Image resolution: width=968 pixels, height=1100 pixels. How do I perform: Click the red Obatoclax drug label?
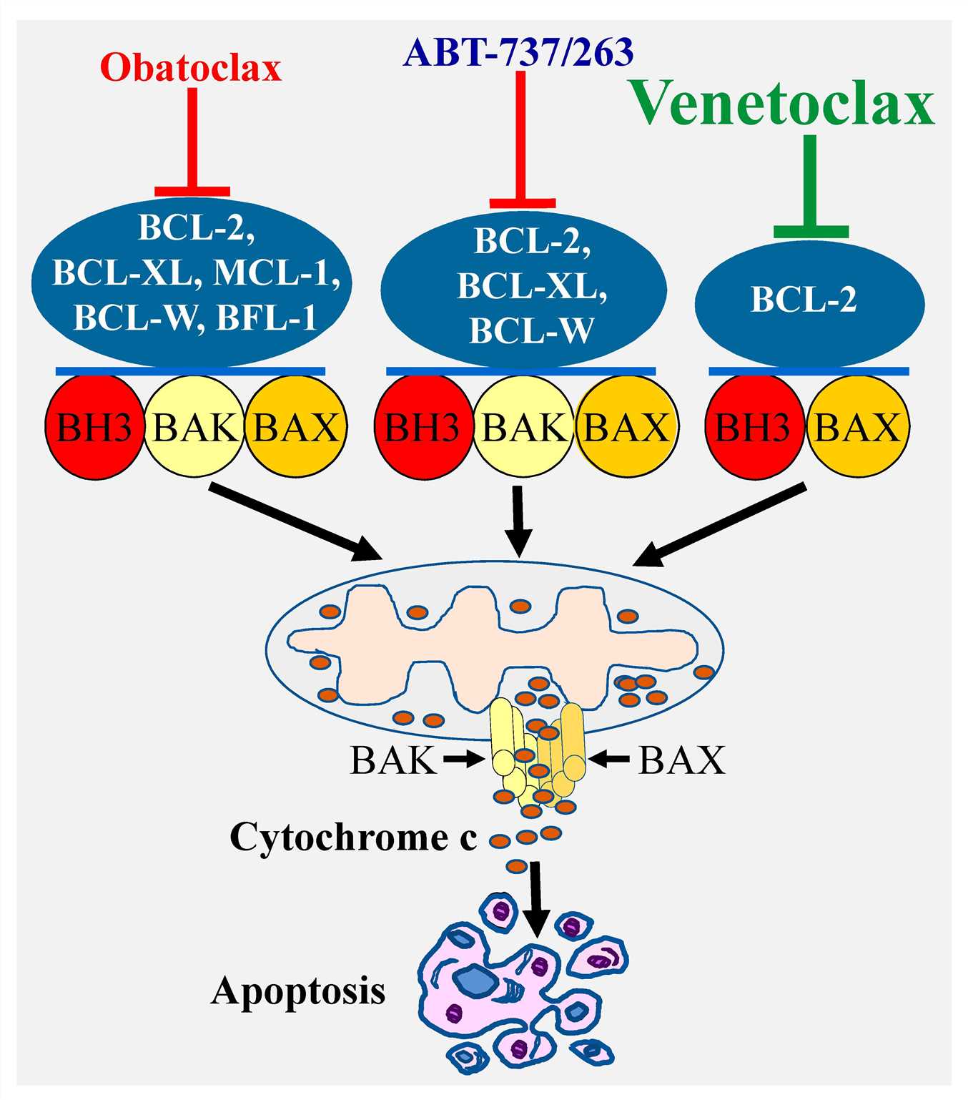[x=191, y=69]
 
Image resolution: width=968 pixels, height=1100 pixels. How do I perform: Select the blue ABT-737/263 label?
[x=518, y=52]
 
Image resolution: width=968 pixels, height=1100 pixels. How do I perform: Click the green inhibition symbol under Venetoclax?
[x=811, y=190]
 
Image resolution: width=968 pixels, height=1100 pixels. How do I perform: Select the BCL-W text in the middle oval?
[x=530, y=330]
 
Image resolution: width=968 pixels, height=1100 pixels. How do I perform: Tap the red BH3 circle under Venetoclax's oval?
[x=754, y=428]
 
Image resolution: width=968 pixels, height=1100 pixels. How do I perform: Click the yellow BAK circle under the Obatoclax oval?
[x=194, y=428]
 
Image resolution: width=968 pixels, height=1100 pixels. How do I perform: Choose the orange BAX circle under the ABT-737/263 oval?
[x=626, y=428]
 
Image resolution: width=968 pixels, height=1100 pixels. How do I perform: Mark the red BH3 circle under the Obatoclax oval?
[x=94, y=428]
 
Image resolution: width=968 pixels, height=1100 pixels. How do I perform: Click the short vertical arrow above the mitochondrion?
[x=518, y=520]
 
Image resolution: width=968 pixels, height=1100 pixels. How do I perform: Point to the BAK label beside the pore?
[x=392, y=760]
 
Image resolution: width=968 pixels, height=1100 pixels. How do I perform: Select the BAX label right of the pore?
[x=681, y=760]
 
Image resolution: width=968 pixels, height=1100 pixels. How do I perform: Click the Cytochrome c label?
[x=353, y=837]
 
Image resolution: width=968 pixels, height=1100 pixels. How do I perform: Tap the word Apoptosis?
[x=298, y=991]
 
